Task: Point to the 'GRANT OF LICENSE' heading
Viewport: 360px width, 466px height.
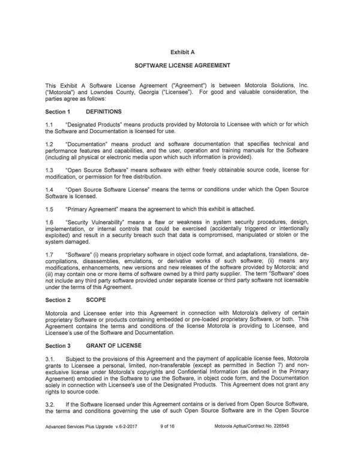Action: point(115,345)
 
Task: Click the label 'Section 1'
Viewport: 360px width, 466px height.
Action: point(58,112)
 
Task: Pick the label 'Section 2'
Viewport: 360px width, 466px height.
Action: point(58,298)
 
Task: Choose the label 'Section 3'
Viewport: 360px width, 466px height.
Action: point(58,345)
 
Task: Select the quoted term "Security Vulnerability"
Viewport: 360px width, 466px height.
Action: point(95,221)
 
